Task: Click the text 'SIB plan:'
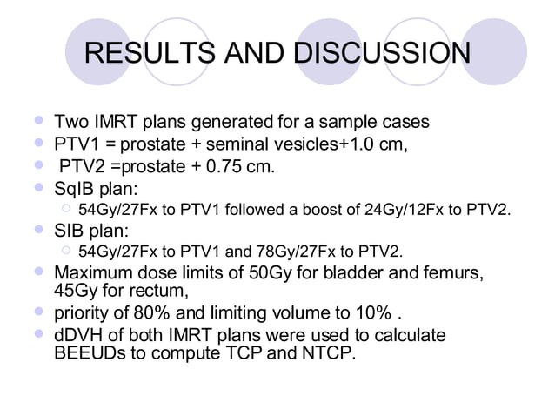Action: [86, 231]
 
